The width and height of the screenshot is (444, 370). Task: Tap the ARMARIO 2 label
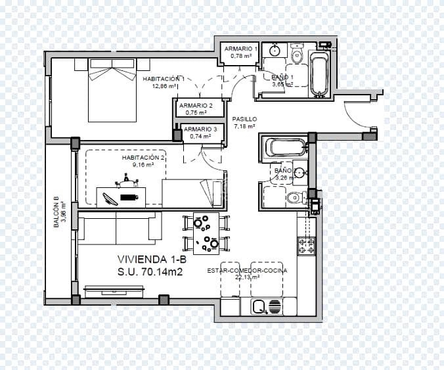point(196,105)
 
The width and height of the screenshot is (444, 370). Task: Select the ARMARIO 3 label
point(200,129)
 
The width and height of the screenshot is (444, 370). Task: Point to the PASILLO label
point(244,119)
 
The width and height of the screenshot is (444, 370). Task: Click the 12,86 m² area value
point(164,86)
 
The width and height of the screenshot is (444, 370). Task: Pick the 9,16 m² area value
point(143,165)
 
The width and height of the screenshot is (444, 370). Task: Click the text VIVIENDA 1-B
point(151,258)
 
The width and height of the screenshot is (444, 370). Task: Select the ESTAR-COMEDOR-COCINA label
point(247,270)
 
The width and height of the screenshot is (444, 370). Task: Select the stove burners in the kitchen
point(307,246)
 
